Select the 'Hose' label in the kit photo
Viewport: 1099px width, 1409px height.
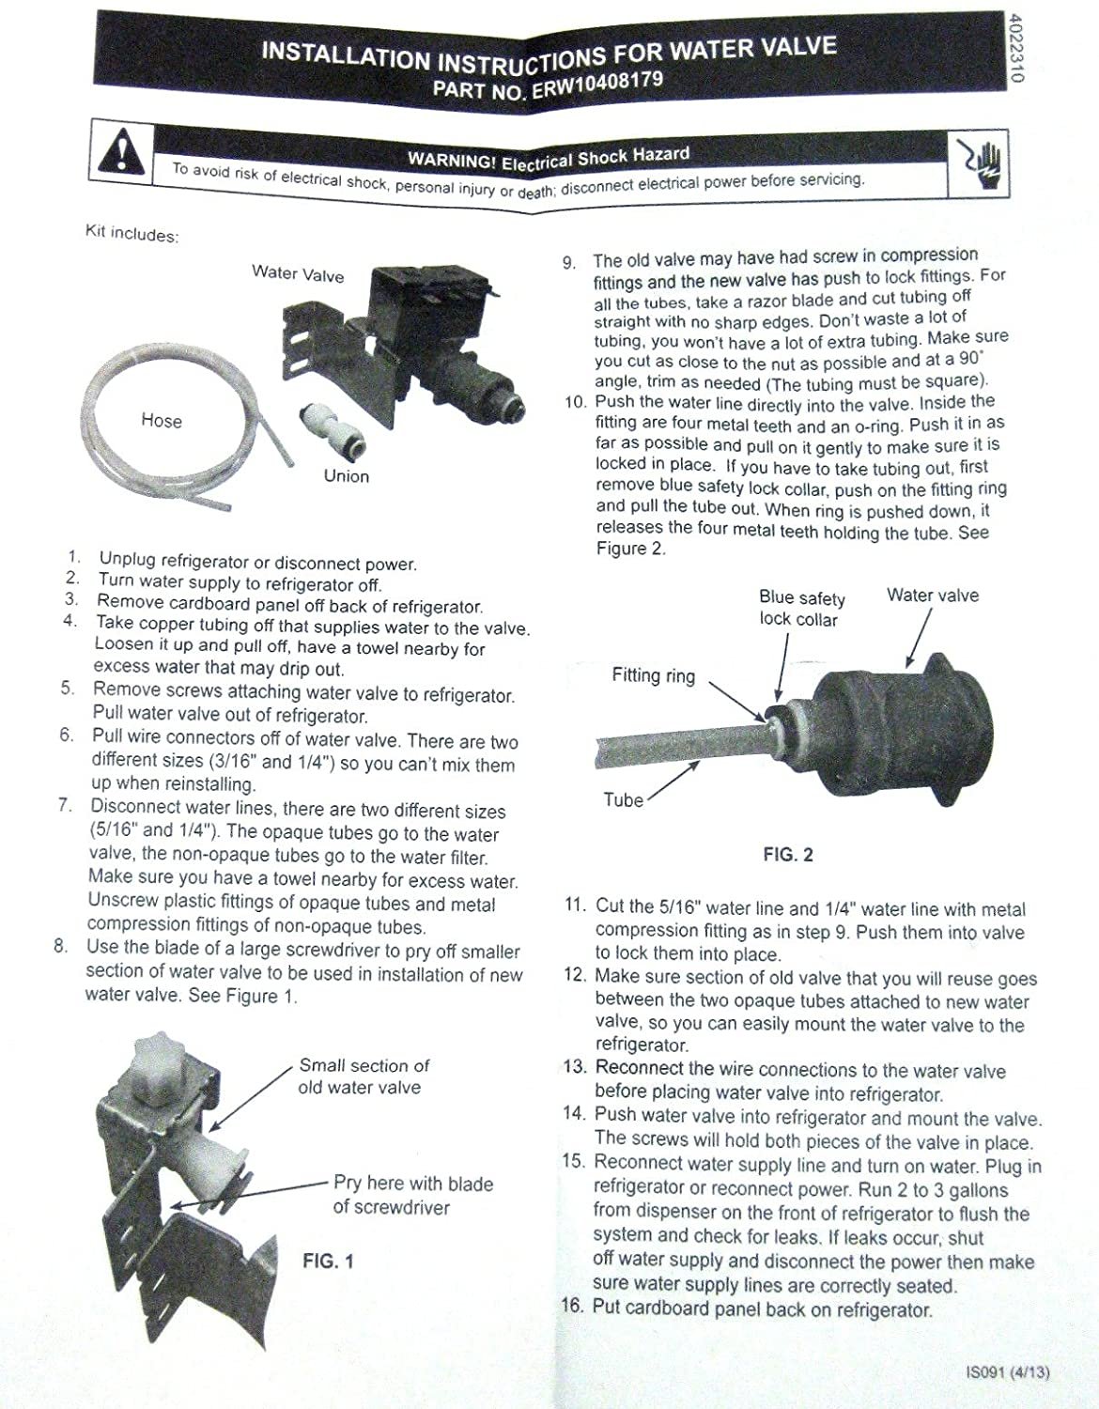click(x=162, y=421)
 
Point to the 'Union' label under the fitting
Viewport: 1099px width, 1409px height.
click(x=346, y=476)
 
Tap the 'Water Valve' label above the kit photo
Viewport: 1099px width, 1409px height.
click(x=298, y=273)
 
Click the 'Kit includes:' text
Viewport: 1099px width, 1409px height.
click(x=132, y=234)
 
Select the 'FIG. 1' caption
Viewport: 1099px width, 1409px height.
click(x=328, y=1262)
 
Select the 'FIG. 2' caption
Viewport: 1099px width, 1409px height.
click(x=787, y=854)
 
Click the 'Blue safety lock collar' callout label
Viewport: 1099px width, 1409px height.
click(x=801, y=609)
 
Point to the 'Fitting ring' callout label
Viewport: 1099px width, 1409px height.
click(x=654, y=675)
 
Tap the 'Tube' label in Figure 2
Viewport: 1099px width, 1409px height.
click(x=624, y=800)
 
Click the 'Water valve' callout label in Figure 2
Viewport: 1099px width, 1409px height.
click(x=932, y=596)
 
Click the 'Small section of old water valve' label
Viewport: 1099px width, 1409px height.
click(x=363, y=1076)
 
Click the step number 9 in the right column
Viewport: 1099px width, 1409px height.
click(x=569, y=262)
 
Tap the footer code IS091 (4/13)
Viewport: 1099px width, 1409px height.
click(x=1007, y=1371)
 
